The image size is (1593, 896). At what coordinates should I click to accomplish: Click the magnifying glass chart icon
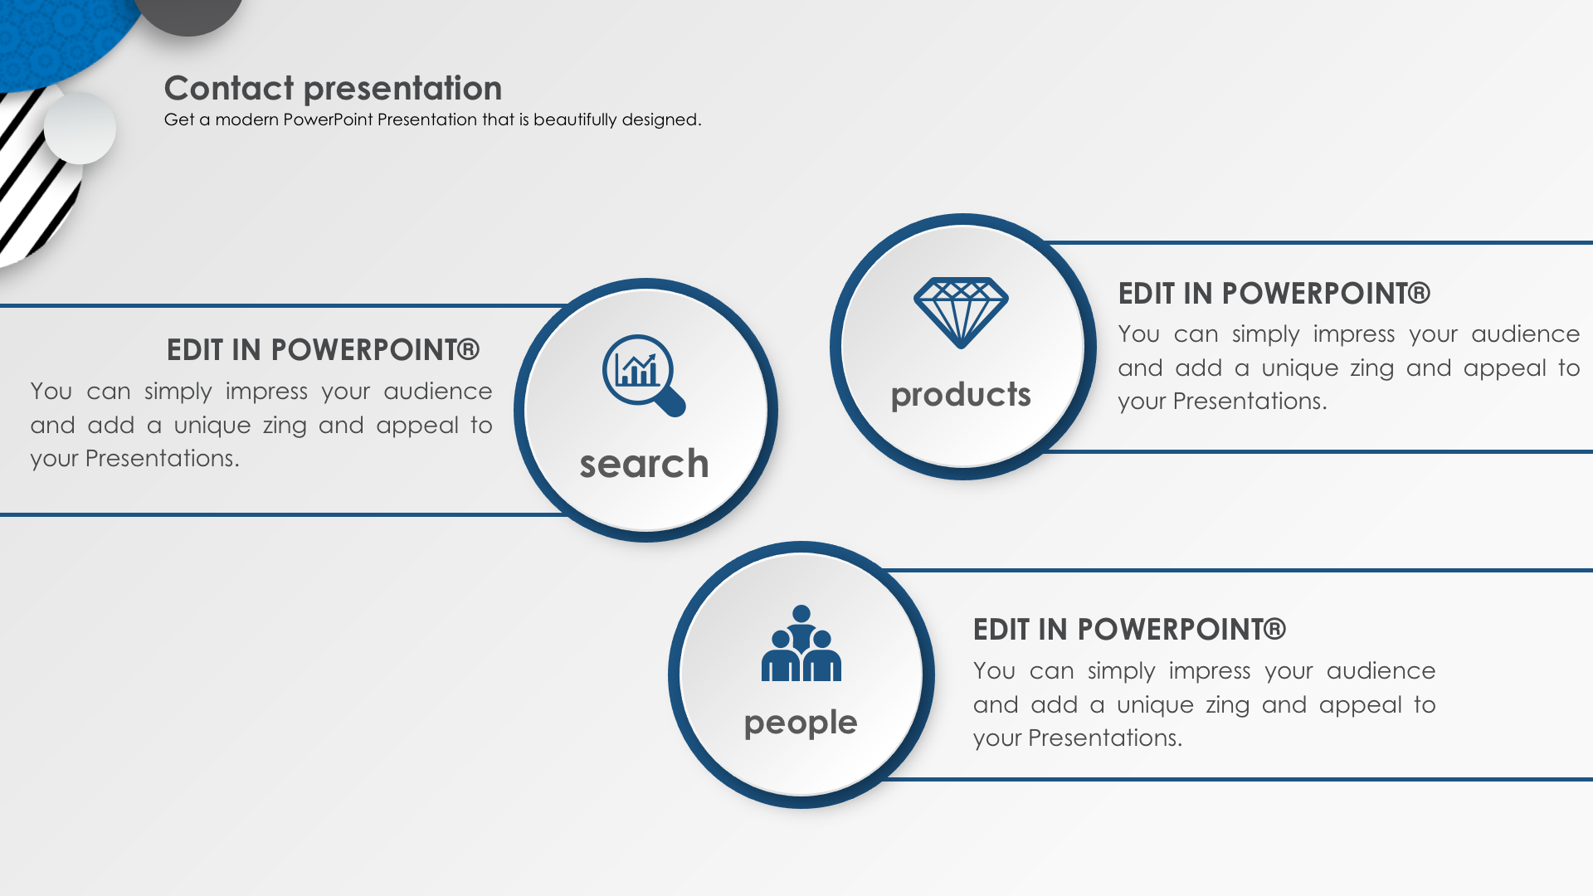point(643,375)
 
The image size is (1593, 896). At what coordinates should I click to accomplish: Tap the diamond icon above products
point(961,313)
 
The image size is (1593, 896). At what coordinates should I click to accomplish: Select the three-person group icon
point(801,643)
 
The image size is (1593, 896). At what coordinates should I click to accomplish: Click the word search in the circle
point(644,464)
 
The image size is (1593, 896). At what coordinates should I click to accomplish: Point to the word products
point(961,395)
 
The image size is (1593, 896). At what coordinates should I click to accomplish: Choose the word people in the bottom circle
point(801,723)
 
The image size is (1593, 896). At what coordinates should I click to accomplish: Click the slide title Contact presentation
point(333,88)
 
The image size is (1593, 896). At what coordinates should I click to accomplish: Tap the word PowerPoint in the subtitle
point(328,119)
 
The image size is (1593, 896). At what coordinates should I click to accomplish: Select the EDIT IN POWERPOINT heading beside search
point(323,350)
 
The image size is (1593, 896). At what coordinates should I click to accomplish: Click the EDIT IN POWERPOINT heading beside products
point(1274,294)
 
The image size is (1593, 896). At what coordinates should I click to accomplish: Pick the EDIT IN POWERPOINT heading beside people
point(1129,630)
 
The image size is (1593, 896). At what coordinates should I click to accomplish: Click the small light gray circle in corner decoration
point(80,128)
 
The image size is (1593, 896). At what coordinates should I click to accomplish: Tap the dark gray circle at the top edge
point(188,12)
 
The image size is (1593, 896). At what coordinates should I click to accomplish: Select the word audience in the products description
point(1525,334)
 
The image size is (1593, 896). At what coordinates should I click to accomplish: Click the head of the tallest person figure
point(801,614)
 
